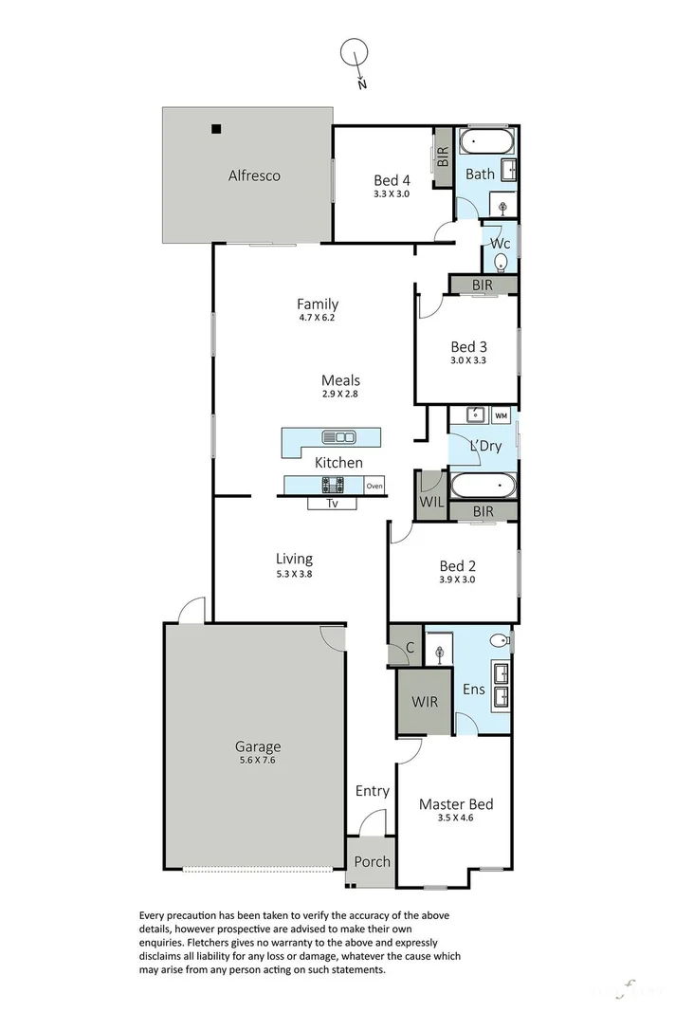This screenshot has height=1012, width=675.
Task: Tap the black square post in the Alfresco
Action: click(216, 129)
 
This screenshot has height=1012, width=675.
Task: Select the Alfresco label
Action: click(253, 175)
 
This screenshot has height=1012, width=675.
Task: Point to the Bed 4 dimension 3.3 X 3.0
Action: click(391, 193)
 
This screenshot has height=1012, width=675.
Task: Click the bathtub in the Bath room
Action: click(486, 143)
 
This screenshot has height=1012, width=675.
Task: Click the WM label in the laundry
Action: click(501, 415)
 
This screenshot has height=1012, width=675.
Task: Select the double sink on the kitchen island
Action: click(338, 437)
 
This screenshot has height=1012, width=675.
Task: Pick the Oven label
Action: click(374, 487)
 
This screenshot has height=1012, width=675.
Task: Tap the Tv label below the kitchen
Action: click(333, 504)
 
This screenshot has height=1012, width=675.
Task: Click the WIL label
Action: click(430, 502)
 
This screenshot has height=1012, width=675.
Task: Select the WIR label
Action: click(424, 703)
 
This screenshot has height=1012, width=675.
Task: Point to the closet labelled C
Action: click(410, 648)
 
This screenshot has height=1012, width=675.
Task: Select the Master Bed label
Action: click(456, 804)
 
